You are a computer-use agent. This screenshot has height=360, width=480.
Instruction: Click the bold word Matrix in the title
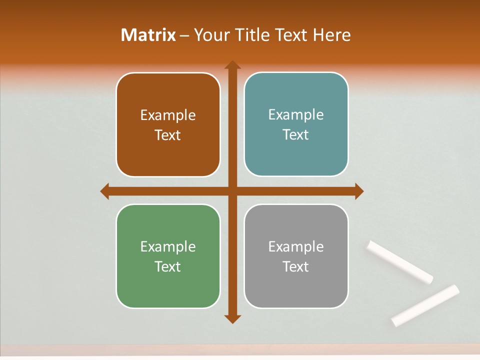[x=148, y=35]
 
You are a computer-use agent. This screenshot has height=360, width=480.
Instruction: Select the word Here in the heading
[x=332, y=35]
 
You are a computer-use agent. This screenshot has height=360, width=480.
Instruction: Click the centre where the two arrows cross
[x=232, y=191]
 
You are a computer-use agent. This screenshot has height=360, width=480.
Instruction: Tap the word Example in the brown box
[x=168, y=115]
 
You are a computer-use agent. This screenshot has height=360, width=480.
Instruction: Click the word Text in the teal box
[x=296, y=135]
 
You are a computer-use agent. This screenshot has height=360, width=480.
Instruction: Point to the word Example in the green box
[x=168, y=247]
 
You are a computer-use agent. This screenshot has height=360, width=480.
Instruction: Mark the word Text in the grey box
[x=296, y=266]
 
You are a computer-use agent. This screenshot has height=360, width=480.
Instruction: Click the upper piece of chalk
[x=399, y=262]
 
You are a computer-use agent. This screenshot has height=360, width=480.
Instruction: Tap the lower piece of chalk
[x=425, y=305]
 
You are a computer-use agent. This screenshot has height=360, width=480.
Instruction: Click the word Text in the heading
[x=292, y=35]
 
